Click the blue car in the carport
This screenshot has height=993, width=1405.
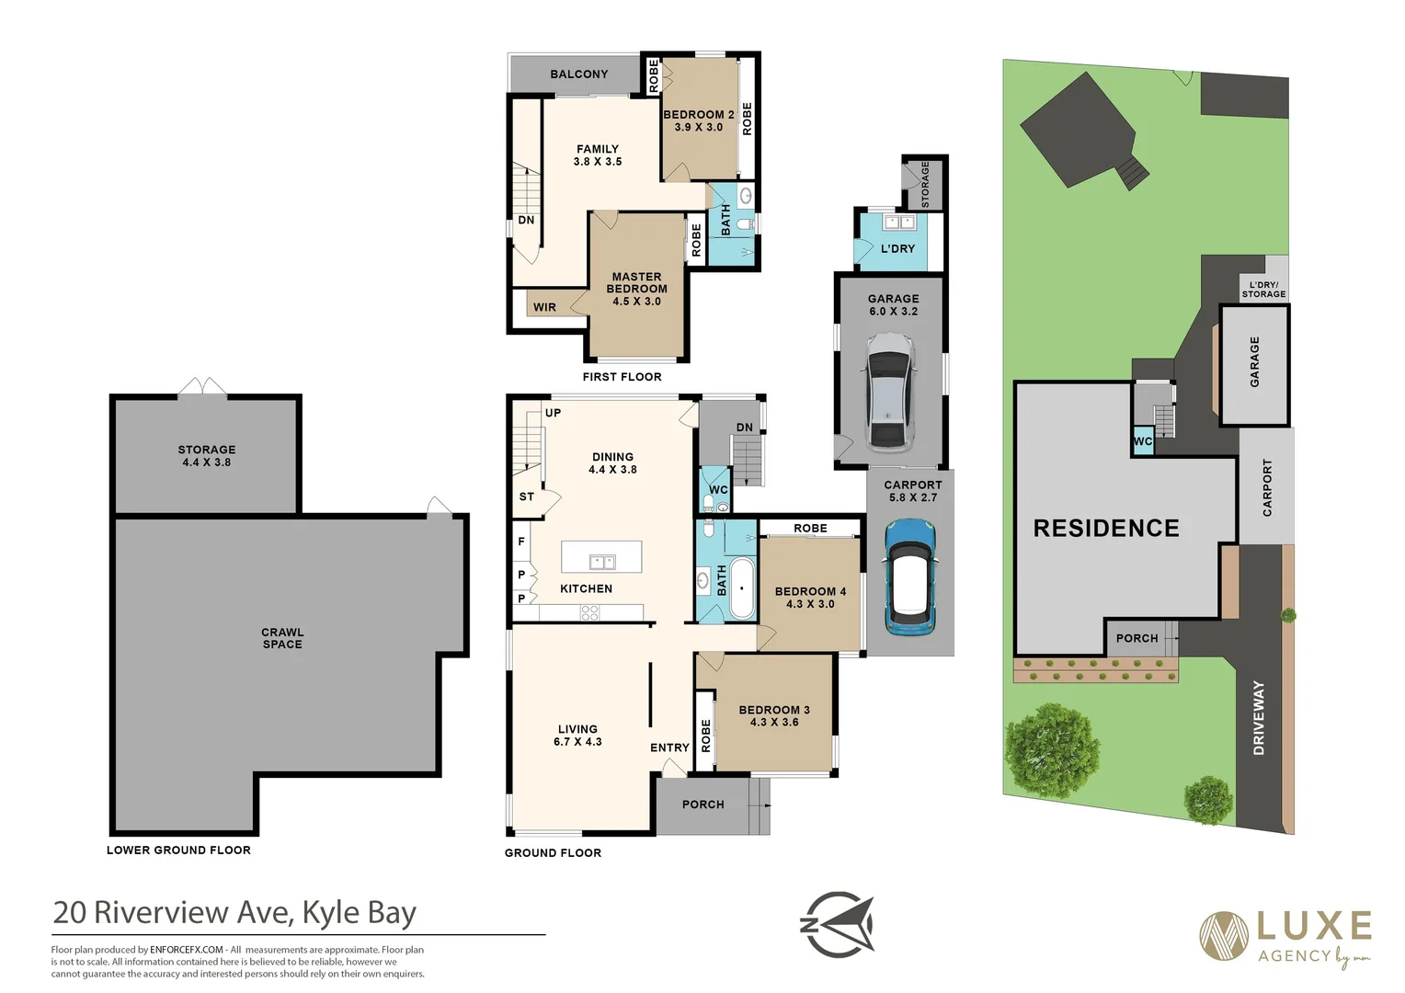[909, 576]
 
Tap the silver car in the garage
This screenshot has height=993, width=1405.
[889, 391]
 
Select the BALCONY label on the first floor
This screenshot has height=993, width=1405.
[578, 74]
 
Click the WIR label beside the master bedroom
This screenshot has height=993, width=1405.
[544, 307]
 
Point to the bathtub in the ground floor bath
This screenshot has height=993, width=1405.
[740, 588]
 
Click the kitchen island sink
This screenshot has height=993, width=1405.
[602, 561]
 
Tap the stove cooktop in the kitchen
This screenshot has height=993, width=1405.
[589, 612]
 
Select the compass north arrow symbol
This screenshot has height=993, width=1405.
[839, 924]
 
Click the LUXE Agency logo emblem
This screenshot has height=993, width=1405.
[1224, 935]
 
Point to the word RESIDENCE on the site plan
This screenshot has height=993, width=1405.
[1105, 528]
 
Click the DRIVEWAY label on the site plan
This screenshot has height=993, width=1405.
[1259, 717]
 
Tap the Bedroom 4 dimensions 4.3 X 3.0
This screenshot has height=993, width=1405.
[810, 604]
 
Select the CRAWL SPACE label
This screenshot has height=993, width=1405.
[282, 638]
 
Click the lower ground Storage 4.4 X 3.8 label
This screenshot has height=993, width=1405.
[207, 456]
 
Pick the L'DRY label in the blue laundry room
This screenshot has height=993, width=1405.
[897, 248]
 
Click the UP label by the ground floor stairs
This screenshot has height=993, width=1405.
[553, 413]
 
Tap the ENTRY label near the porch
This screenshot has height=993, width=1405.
[669, 748]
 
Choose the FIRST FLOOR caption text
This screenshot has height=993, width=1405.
[622, 377]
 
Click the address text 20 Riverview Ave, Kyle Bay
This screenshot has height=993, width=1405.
[234, 912]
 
